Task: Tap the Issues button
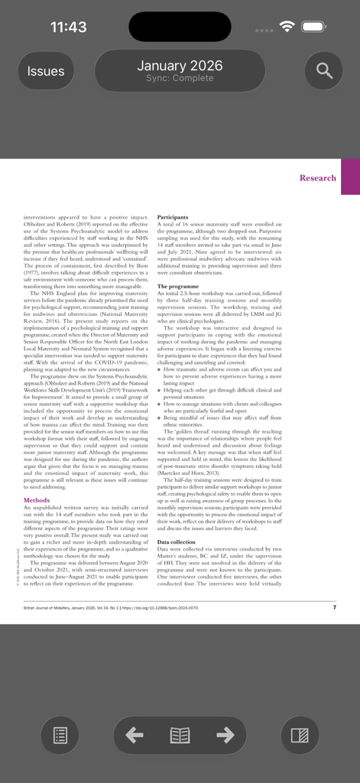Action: (46, 71)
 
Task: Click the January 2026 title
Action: (180, 66)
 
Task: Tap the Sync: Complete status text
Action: (180, 79)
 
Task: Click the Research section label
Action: (317, 178)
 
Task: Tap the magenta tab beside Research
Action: (350, 177)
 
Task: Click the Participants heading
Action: (173, 218)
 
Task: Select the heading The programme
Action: (177, 287)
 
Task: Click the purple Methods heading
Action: (37, 500)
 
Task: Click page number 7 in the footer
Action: (334, 608)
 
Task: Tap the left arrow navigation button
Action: (135, 736)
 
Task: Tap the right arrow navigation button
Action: (225, 736)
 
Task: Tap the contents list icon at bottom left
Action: (60, 736)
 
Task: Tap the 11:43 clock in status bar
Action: (68, 28)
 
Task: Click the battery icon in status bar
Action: (313, 28)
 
